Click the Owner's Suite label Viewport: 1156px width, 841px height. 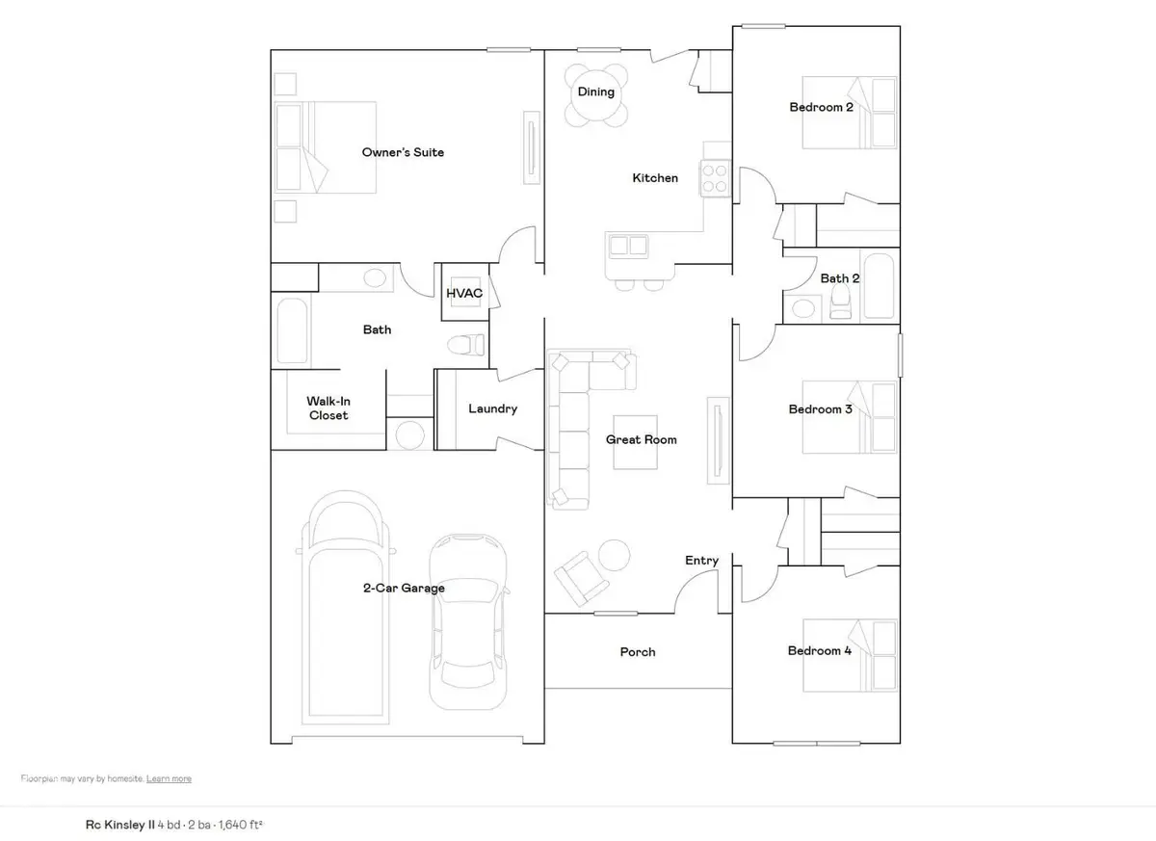pos(403,152)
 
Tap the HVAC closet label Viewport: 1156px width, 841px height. pos(463,293)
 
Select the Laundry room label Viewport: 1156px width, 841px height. pos(492,408)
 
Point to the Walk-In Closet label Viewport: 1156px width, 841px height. pos(328,407)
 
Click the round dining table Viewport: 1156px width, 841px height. pos(595,94)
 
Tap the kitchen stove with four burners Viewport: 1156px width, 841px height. pos(715,178)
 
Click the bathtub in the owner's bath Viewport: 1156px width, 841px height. pos(292,330)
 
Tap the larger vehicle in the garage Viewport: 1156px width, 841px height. pos(349,607)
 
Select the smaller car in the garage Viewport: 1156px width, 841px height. pos(467,621)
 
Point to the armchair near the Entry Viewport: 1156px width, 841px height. pos(582,575)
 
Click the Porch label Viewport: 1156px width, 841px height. pos(637,652)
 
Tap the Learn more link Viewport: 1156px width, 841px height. pos(169,778)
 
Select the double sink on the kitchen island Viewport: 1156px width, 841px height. pos(627,246)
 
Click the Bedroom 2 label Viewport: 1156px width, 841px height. pos(821,107)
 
